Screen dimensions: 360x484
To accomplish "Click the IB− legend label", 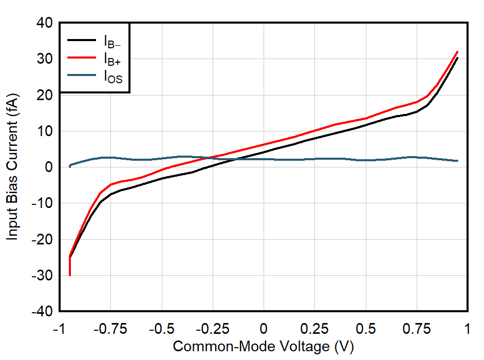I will tap(111, 40).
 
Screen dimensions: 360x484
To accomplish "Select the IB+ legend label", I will tap(112, 59).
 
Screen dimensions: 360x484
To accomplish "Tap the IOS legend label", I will tap(113, 78).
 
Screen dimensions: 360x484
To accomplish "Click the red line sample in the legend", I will tap(82, 58).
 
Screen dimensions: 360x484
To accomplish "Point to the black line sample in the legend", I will tap(82, 39).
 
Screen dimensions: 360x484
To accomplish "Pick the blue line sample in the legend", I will tap(82, 76).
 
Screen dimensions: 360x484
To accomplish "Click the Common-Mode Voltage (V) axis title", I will tap(263, 347).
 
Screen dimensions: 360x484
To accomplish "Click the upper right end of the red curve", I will tap(457, 52).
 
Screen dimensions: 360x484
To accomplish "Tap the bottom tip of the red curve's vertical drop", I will tap(70, 275).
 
